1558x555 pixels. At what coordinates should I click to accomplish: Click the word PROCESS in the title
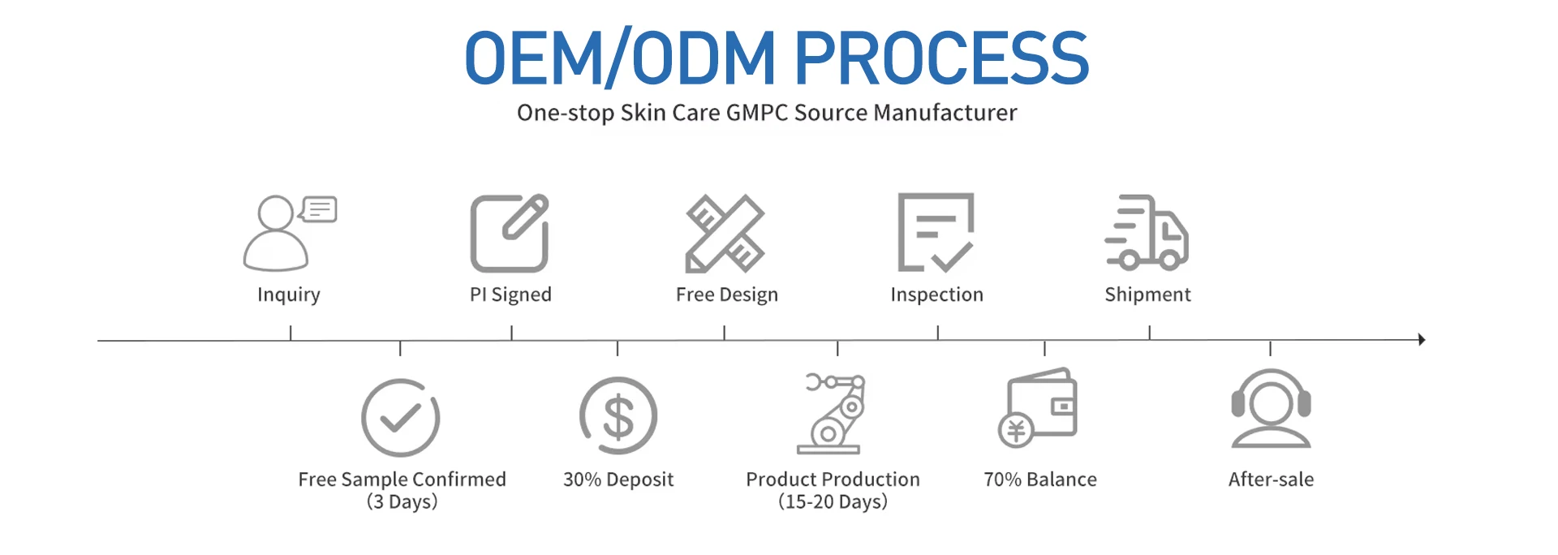[x=941, y=58]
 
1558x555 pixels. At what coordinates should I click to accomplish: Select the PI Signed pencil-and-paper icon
[x=510, y=233]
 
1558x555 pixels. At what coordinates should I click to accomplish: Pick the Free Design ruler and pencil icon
[x=725, y=233]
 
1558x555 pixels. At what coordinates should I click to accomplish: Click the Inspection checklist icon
[x=936, y=233]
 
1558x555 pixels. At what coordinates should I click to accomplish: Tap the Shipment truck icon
[x=1147, y=233]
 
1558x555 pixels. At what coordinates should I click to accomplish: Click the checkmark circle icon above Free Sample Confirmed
[x=400, y=418]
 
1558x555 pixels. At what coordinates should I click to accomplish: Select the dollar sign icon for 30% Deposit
[x=618, y=416]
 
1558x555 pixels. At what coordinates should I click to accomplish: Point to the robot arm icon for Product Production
[x=830, y=413]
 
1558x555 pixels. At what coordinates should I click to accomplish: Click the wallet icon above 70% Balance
[x=1038, y=407]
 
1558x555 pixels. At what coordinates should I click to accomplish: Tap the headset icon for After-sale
[x=1271, y=408]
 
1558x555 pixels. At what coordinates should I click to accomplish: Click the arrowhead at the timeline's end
[x=1422, y=339]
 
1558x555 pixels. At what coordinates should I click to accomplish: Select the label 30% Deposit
[x=618, y=480]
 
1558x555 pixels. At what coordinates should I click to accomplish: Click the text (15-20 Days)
[x=833, y=501]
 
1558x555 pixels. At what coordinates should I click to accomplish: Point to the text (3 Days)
[x=402, y=501]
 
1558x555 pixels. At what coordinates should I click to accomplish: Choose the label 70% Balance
[x=1040, y=480]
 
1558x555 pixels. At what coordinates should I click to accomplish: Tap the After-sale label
[x=1271, y=480]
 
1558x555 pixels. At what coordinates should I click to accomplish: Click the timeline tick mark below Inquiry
[x=291, y=333]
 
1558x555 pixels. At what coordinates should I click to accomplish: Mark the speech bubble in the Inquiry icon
[x=319, y=209]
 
